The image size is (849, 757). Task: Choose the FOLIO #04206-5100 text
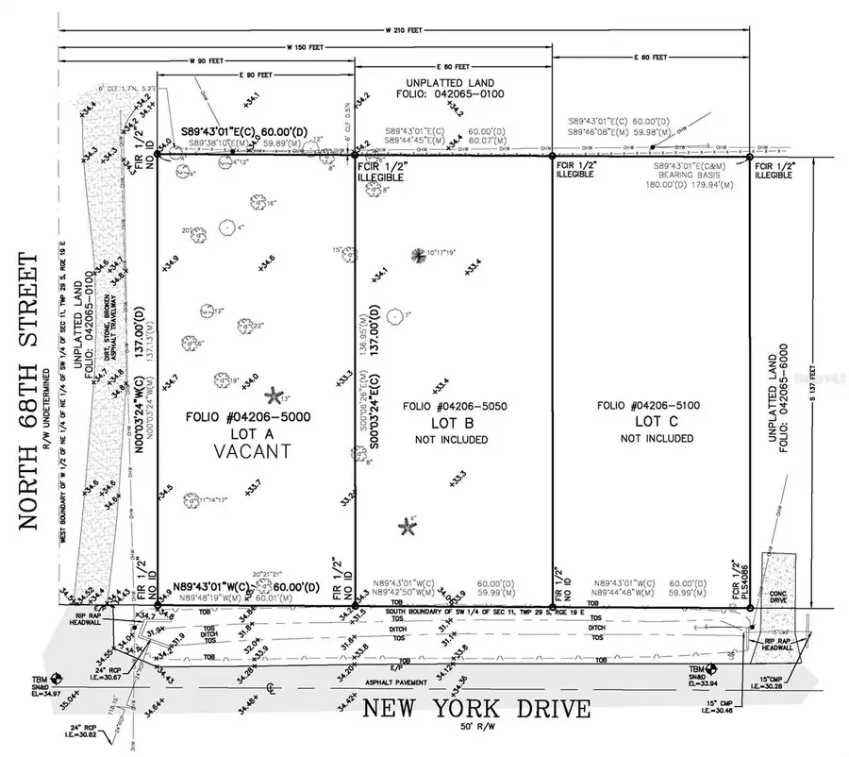pyautogui.click(x=649, y=407)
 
